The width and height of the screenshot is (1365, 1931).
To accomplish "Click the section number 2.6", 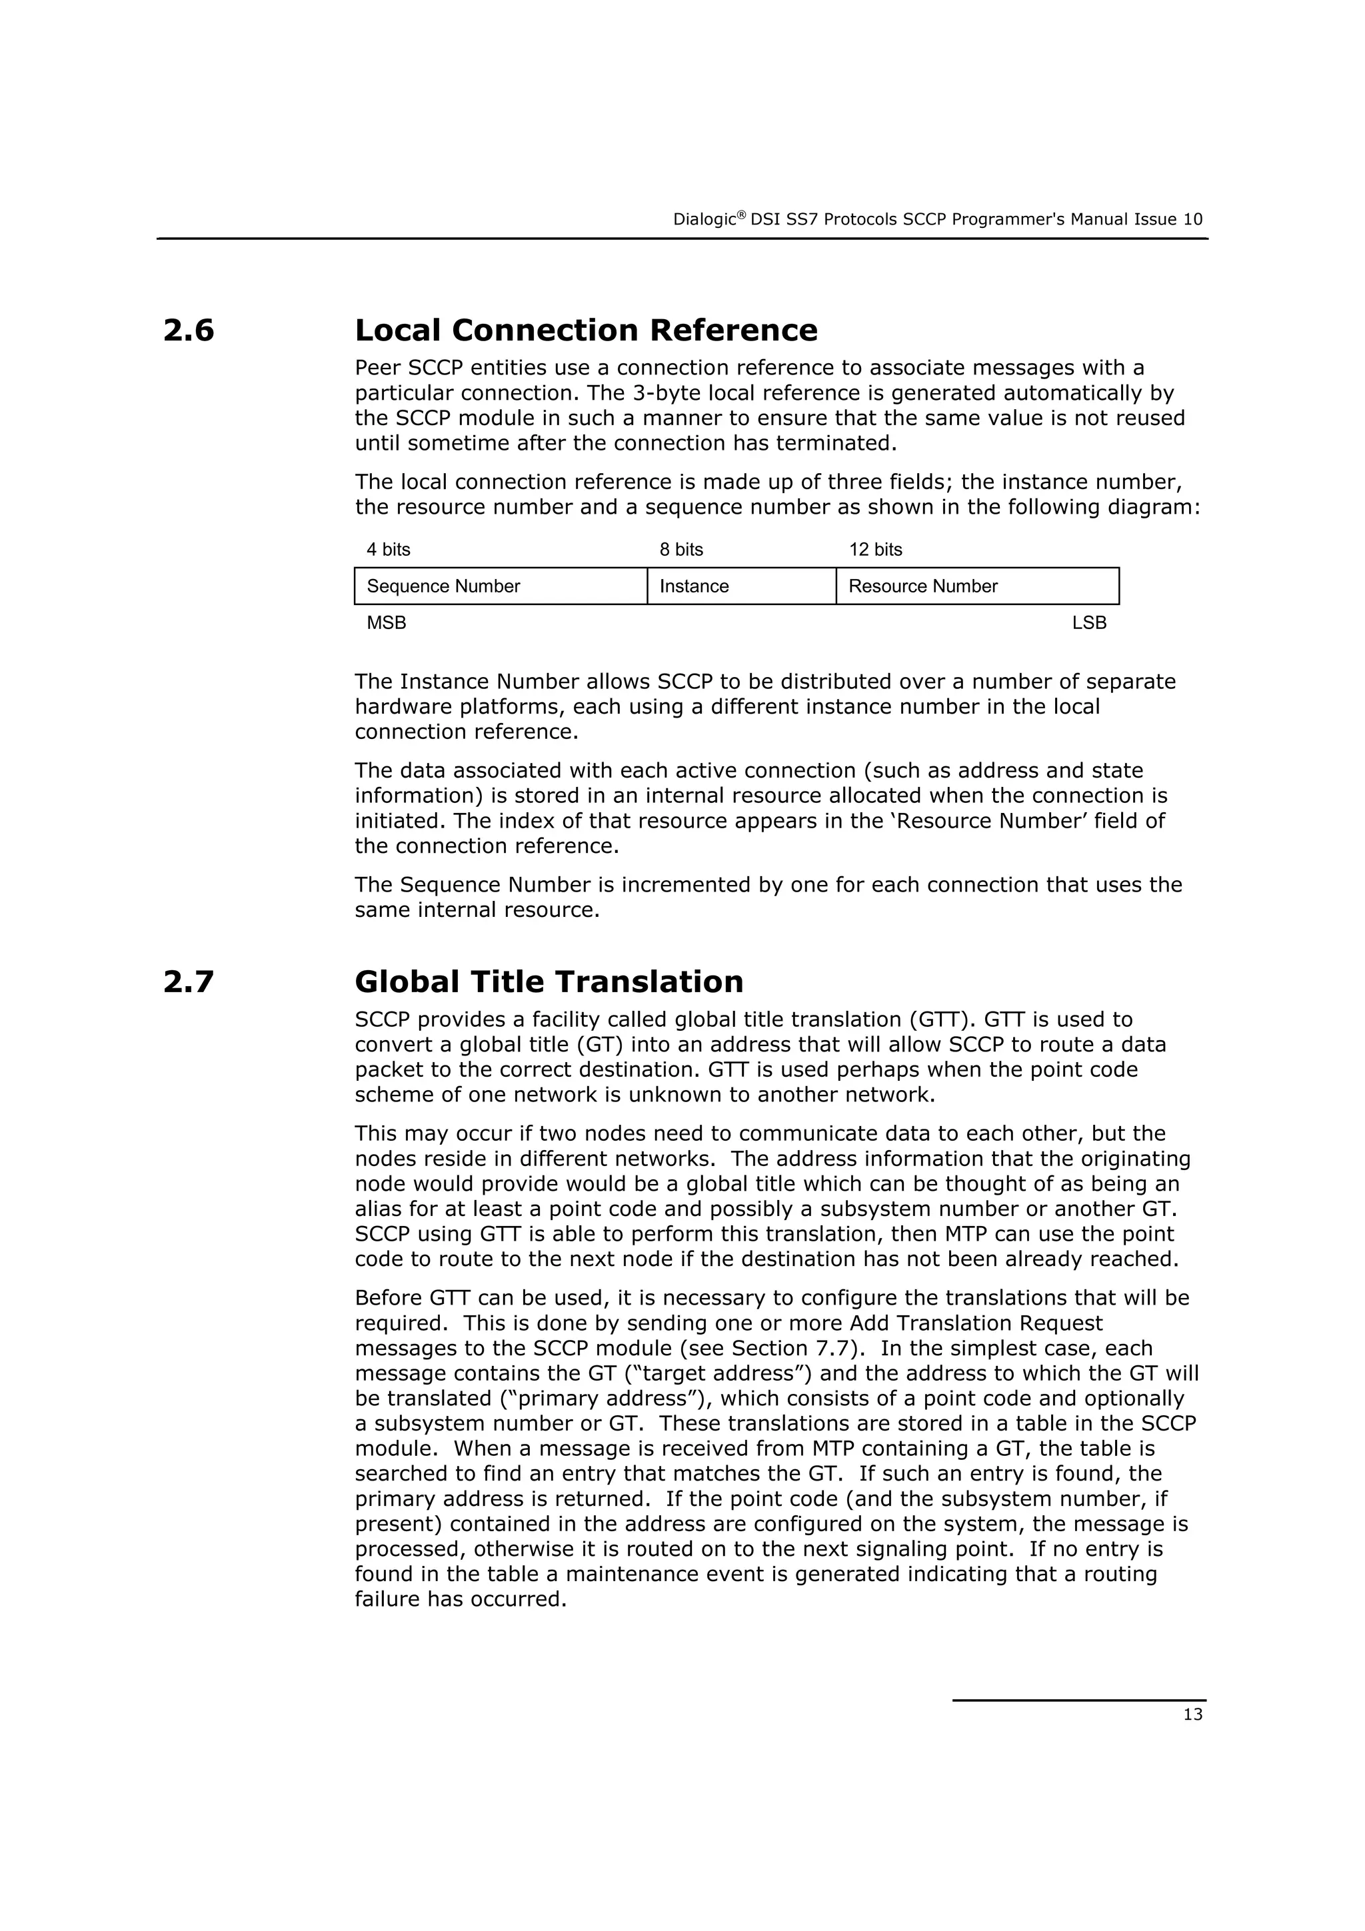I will (x=189, y=330).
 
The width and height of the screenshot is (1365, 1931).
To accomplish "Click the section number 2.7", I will (x=189, y=981).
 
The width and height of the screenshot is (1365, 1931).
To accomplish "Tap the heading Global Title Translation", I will (x=549, y=981).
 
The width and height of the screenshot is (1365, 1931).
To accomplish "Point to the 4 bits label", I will (x=388, y=550).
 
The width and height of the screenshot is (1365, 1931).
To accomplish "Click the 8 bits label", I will (x=681, y=550).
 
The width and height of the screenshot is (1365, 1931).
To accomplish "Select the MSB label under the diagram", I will (x=386, y=623).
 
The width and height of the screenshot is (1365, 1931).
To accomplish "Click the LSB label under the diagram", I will (x=1088, y=623).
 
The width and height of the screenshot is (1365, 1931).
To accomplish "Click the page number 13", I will (x=1192, y=1715).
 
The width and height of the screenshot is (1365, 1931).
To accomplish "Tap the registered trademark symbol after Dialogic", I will (x=742, y=215).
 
